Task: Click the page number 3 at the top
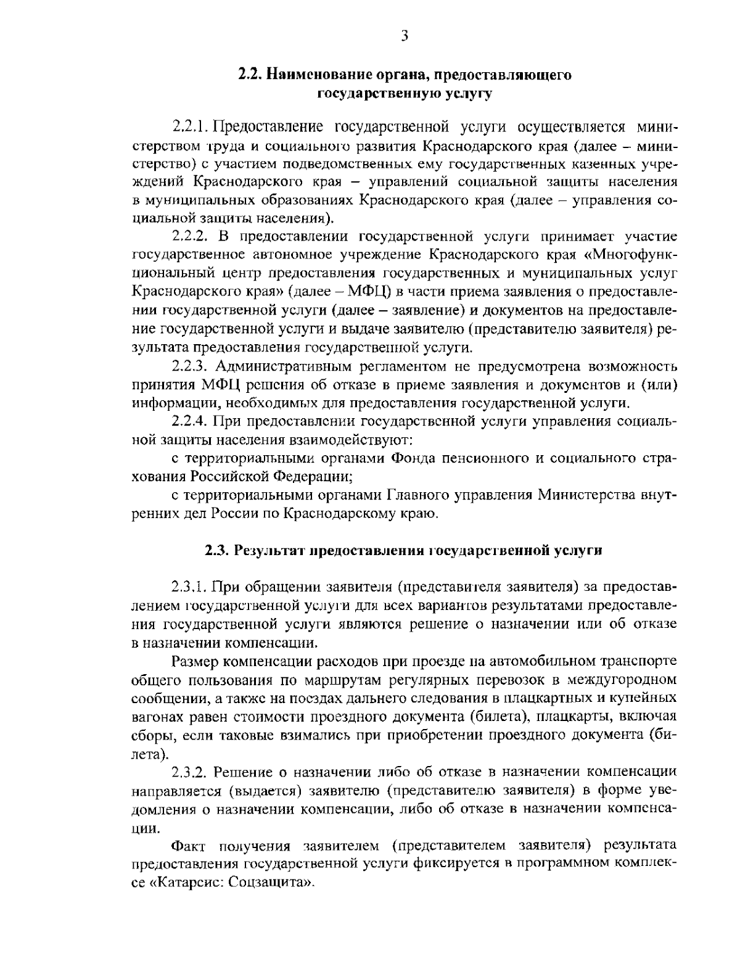(405, 36)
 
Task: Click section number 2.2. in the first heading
(250, 75)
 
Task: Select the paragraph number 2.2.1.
(189, 127)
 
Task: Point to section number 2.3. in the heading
(216, 550)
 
